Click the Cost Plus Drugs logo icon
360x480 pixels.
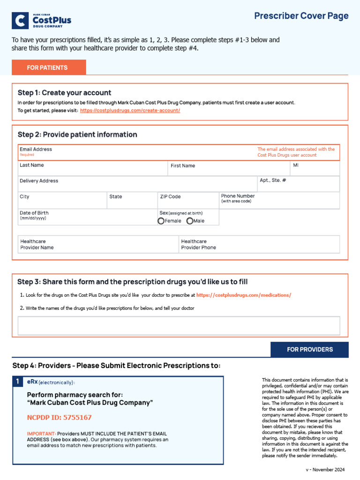(x=20, y=21)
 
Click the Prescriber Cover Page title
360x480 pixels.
(x=301, y=16)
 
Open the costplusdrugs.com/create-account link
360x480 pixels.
(x=130, y=111)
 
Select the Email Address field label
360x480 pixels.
(x=36, y=150)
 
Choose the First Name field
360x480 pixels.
(x=228, y=168)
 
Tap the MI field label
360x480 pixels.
(x=296, y=165)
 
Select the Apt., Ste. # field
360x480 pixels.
(x=298, y=184)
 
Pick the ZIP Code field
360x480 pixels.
(x=188, y=200)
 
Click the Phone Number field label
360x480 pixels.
(x=238, y=196)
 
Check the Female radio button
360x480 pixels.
(x=161, y=221)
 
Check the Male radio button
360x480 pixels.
(x=190, y=221)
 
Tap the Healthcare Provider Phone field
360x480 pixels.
(x=260, y=244)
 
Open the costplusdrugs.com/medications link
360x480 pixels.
(x=244, y=295)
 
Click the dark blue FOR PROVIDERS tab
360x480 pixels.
(x=309, y=350)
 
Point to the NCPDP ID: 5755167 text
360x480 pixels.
(x=59, y=418)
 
